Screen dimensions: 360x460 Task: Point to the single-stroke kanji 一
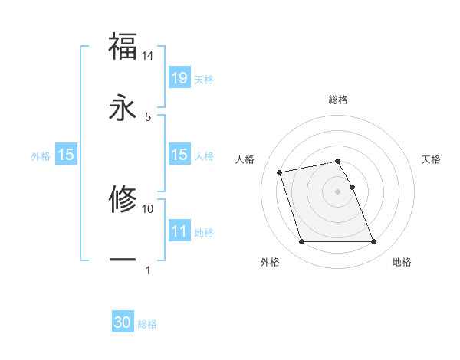click(123, 260)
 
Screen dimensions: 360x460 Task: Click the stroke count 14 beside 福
click(148, 56)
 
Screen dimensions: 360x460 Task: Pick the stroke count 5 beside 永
click(148, 116)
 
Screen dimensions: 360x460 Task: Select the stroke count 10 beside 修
click(148, 208)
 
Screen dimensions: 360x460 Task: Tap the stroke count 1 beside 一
click(148, 270)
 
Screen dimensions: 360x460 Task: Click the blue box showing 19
click(179, 77)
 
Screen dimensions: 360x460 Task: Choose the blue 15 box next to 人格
click(179, 155)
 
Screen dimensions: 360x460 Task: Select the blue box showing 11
click(179, 231)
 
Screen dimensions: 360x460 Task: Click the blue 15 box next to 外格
click(65, 155)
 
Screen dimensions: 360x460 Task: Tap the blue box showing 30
click(123, 322)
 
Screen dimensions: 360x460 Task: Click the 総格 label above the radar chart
click(338, 100)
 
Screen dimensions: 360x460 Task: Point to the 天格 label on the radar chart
click(432, 159)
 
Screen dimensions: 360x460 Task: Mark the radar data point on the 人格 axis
click(280, 172)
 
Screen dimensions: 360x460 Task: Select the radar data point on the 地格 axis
click(373, 242)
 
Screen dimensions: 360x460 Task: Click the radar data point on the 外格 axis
click(301, 242)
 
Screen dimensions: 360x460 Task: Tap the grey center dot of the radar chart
click(338, 191)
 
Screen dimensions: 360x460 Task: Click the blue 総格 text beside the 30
click(147, 324)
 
